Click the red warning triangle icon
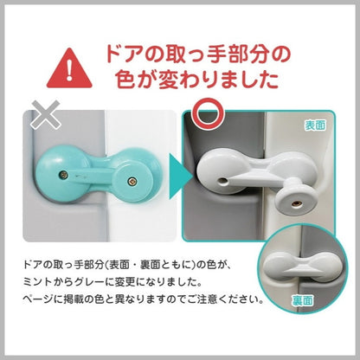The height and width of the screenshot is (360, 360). click(69, 69)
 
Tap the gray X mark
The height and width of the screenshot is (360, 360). click(45, 114)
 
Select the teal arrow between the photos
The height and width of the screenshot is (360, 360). click(180, 177)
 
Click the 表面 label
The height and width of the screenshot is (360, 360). click(315, 125)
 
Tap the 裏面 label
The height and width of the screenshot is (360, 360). click(302, 301)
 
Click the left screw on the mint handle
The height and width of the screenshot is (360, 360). click(64, 174)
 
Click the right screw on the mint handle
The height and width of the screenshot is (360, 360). click(132, 181)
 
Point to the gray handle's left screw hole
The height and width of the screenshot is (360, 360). click(223, 181)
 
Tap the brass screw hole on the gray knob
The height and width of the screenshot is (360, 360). click(294, 203)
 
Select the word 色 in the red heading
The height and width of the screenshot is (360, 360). click(125, 79)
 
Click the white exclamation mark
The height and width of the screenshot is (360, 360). click(69, 71)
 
